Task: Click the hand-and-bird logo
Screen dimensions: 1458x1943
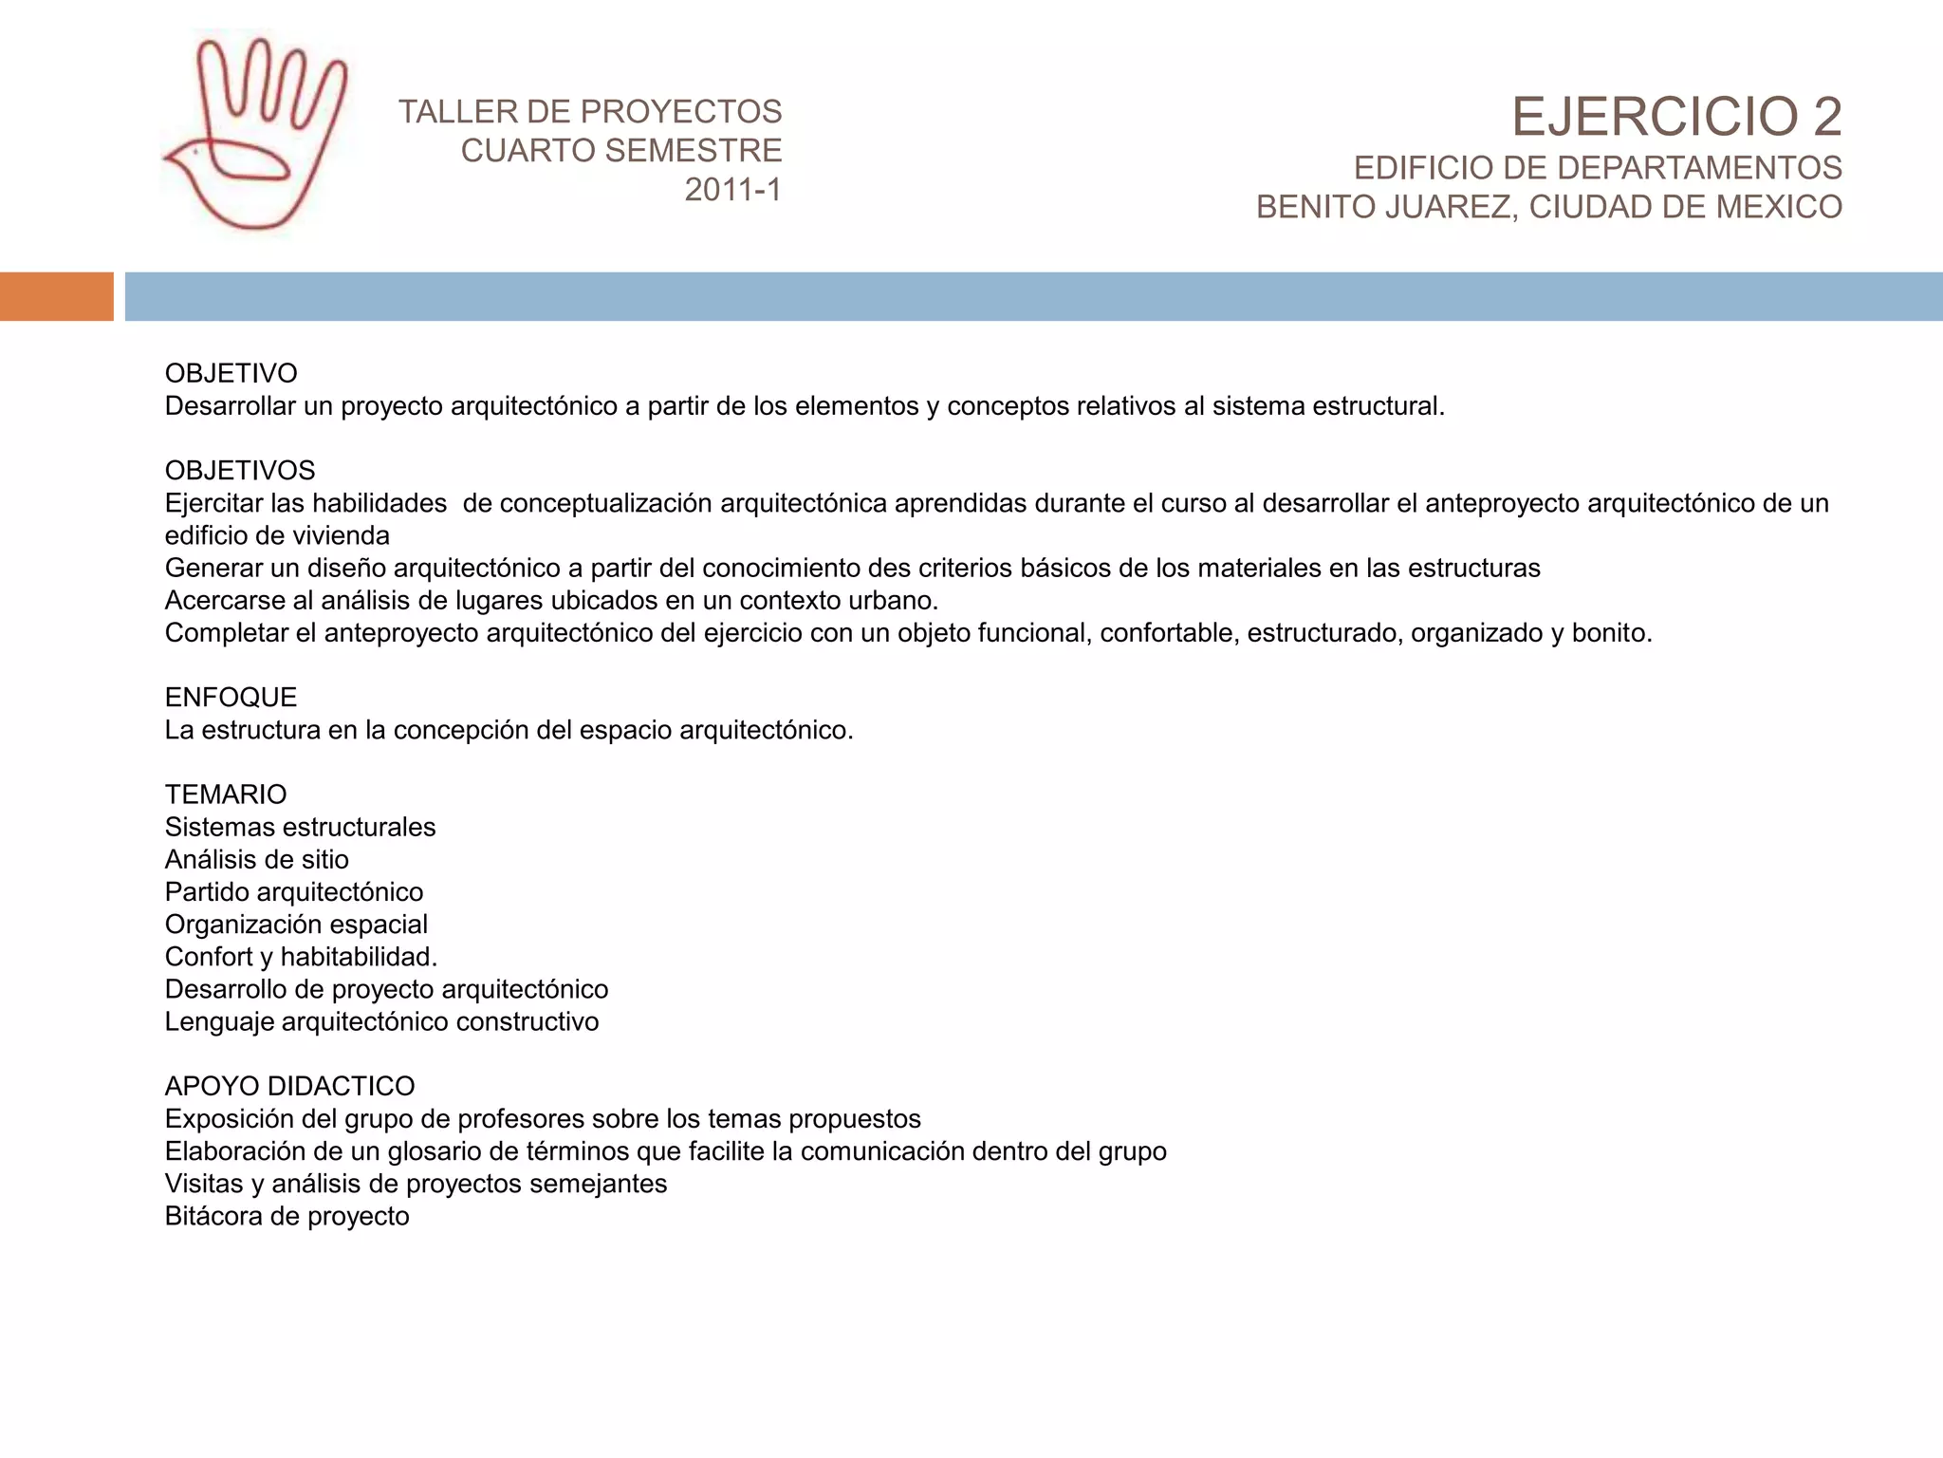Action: (x=254, y=133)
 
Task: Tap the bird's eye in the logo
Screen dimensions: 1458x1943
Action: (x=195, y=151)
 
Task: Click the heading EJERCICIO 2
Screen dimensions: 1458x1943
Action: (x=1675, y=117)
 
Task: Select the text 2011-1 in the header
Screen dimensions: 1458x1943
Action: (x=732, y=190)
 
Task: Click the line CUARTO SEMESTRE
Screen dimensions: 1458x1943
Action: (x=620, y=150)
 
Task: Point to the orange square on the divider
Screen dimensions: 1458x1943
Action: (x=56, y=296)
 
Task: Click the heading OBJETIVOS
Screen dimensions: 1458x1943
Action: (x=240, y=470)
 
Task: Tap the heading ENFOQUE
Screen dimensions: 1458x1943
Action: (x=231, y=697)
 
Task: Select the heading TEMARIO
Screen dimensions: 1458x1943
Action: (x=226, y=794)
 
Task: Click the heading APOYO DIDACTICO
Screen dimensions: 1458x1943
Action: (x=289, y=1085)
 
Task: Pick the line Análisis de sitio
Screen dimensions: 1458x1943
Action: (x=256, y=859)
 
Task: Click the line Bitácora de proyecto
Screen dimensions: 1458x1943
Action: (x=287, y=1216)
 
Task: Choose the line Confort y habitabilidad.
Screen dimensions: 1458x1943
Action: (x=301, y=956)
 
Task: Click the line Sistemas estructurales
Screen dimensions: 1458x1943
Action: (x=300, y=827)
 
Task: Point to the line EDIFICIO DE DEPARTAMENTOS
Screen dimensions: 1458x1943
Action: (x=1597, y=167)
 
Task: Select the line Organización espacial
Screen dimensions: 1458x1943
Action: (x=296, y=924)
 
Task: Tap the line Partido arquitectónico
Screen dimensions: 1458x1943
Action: (x=294, y=891)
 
